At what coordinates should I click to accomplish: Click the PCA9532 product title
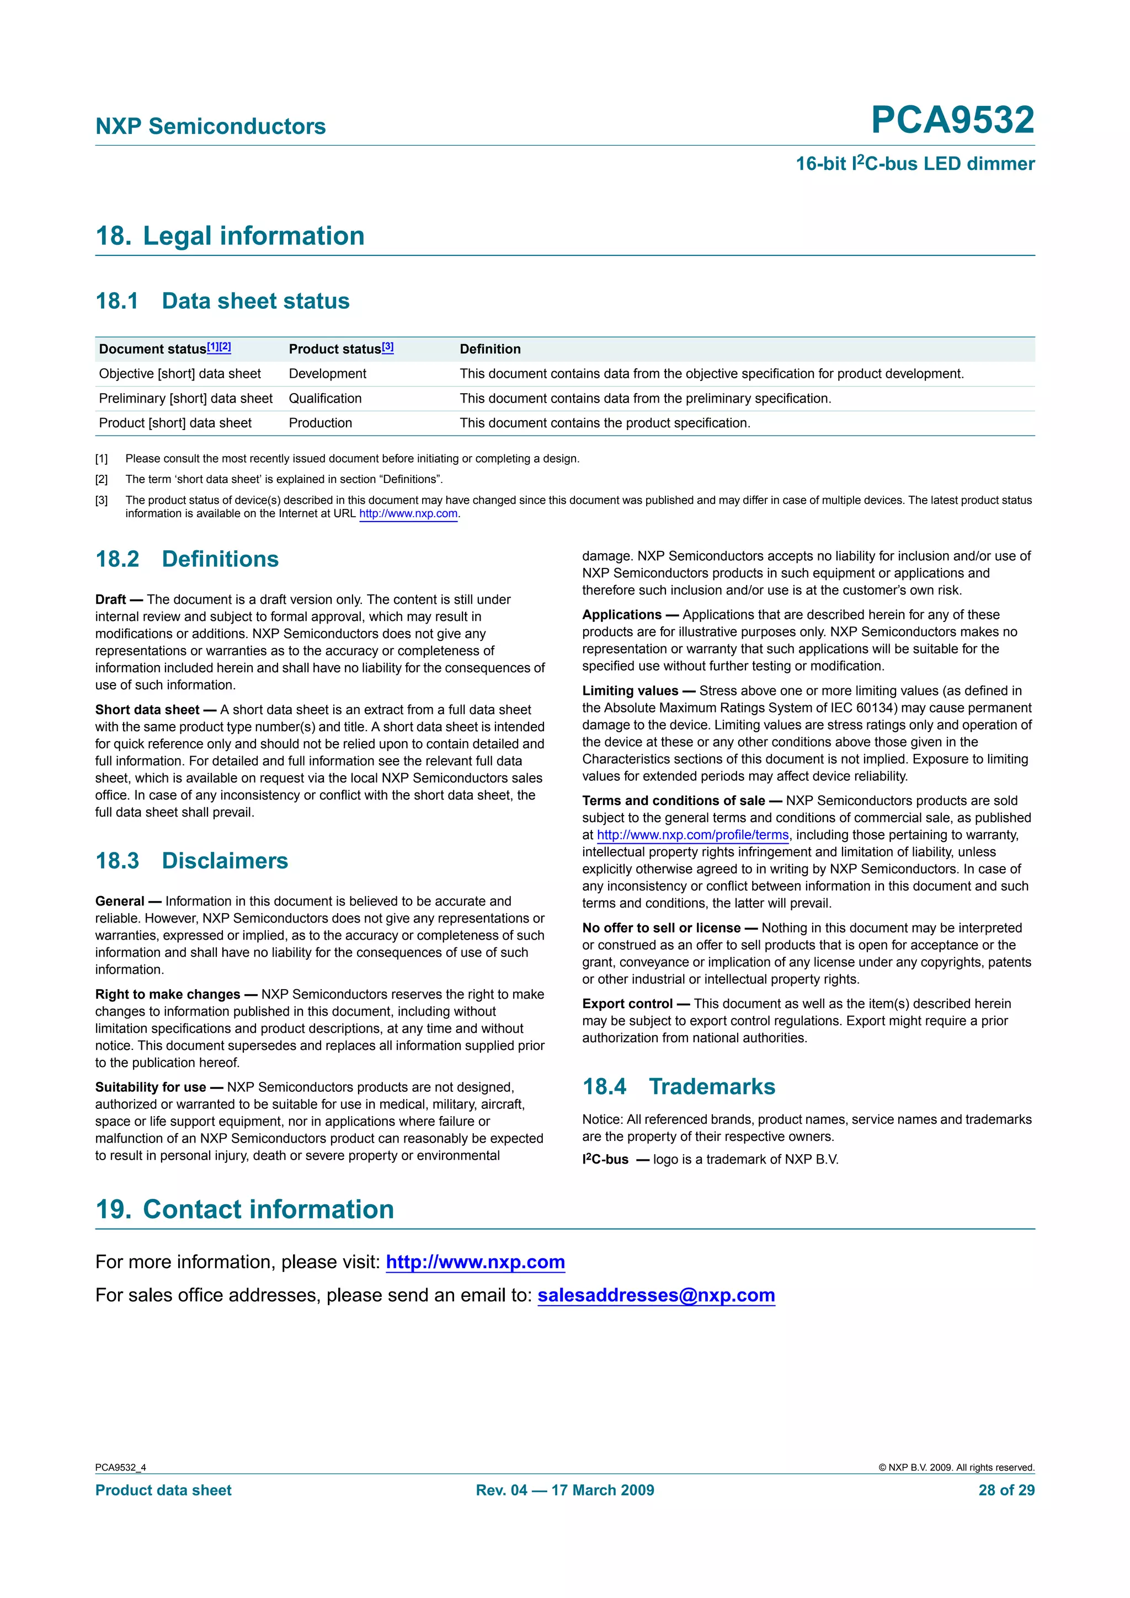[x=952, y=120]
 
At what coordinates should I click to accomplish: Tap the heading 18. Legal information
[x=230, y=236]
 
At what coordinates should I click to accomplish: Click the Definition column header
[x=489, y=348]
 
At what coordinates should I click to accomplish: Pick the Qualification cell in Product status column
[x=325, y=398]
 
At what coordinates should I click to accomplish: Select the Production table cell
[x=320, y=422]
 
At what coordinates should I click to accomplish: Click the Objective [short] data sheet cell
[x=180, y=374]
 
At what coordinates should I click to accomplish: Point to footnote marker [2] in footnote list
[x=102, y=479]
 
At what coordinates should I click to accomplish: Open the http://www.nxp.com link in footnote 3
[x=408, y=514]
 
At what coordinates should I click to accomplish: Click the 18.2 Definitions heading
[x=186, y=559]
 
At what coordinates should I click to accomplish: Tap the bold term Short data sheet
[x=147, y=709]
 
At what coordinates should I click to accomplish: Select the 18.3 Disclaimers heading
[x=191, y=860]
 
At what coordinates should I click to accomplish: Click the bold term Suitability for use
[x=151, y=1087]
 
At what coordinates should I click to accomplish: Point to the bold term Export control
[x=627, y=1004]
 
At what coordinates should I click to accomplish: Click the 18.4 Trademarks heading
[x=678, y=1086]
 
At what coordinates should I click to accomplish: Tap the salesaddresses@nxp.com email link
[x=656, y=1295]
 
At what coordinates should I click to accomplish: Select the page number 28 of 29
[x=1006, y=1490]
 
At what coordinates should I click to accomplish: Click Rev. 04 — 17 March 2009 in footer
[x=564, y=1490]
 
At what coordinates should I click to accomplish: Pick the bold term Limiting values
[x=630, y=690]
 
